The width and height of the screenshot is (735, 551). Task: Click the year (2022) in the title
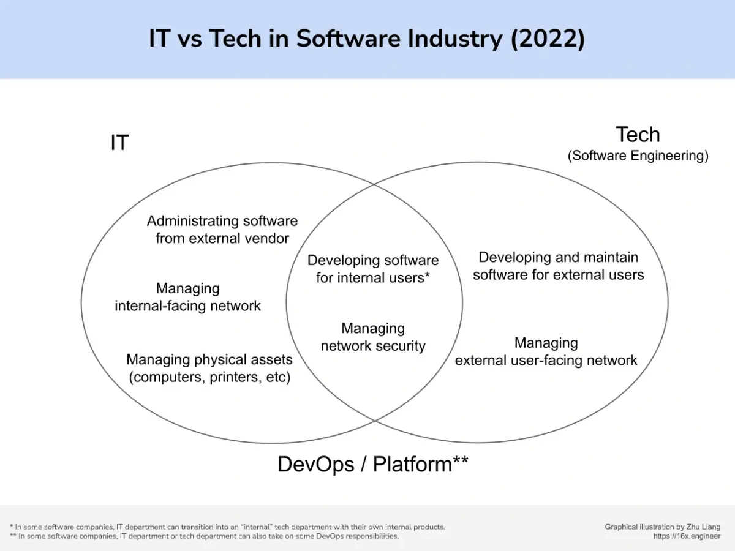pos(548,39)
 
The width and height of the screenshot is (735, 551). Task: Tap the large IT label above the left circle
pos(119,143)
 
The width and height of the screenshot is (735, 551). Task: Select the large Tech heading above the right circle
pos(638,135)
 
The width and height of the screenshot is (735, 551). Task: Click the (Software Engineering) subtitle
pos(638,156)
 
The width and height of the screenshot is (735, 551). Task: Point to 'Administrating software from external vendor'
pos(222,230)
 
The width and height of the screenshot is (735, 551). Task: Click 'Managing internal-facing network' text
pos(187,297)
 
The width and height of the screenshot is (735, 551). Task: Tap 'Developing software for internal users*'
pos(373,269)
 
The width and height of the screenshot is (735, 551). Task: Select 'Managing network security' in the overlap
pos(373,337)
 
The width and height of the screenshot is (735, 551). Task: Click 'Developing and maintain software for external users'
pos(558,266)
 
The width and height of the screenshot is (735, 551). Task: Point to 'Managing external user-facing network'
pos(546,351)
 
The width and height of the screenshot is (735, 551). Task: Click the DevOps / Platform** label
pos(372,464)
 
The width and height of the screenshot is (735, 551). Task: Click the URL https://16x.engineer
pos(687,536)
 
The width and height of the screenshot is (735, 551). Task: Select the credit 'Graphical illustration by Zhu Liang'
pos(662,527)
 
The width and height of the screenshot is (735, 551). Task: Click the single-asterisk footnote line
pos(228,527)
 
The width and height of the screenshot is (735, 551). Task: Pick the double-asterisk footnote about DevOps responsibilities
pos(204,536)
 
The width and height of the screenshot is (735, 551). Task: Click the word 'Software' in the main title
pos(349,39)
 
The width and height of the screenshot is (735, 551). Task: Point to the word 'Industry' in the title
pos(455,39)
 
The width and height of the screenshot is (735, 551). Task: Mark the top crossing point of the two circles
pos(374,184)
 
